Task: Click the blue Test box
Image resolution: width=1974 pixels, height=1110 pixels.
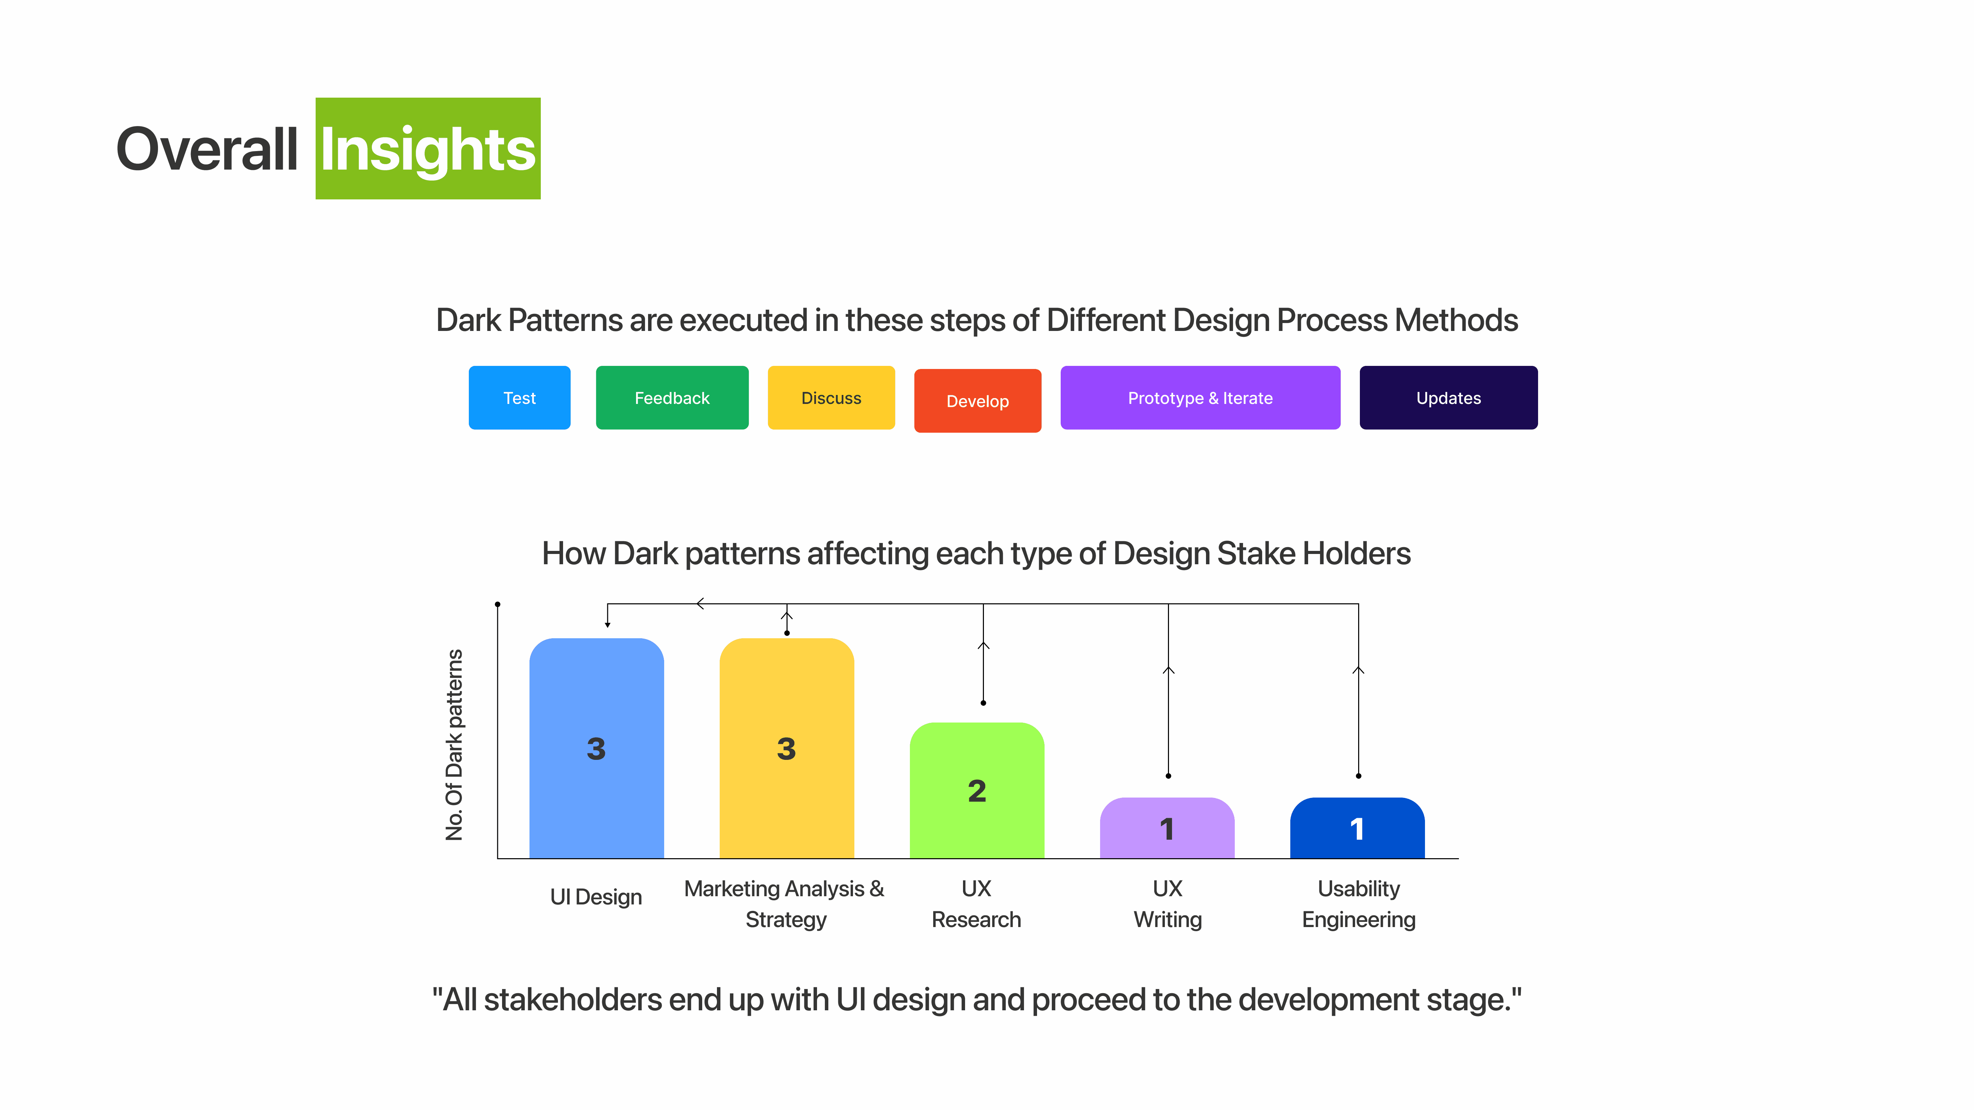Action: coord(520,397)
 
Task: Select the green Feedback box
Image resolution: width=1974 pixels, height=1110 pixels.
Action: coord(672,397)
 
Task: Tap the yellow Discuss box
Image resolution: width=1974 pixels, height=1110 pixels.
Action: coord(831,397)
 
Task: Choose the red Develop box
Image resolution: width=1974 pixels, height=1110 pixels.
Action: coord(978,400)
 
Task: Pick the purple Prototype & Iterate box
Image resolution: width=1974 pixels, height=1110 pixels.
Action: coord(1200,397)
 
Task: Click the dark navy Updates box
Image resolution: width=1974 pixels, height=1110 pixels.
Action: coord(1448,397)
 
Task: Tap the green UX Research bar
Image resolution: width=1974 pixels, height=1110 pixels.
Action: coord(977,791)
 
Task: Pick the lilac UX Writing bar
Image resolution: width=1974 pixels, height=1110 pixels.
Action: coord(1167,828)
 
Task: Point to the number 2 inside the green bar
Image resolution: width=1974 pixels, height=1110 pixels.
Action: coord(977,791)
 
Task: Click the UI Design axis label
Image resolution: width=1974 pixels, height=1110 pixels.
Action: coord(596,897)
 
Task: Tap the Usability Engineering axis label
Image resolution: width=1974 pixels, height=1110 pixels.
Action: coord(1358,904)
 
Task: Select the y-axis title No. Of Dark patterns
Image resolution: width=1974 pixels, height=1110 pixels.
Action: coord(454,744)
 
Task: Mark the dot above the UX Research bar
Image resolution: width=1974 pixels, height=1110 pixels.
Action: coord(983,702)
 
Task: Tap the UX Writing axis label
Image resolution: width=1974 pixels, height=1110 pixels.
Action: coord(1168,904)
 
